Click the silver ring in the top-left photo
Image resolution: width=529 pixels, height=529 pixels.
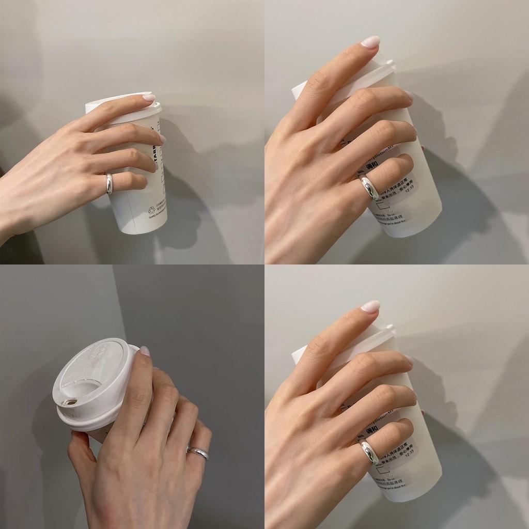[x=109, y=184]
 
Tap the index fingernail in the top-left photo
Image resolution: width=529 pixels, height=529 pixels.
[x=149, y=97]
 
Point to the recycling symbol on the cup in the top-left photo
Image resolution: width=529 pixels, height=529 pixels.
[x=151, y=210]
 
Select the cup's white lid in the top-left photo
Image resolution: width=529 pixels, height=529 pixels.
[x=124, y=104]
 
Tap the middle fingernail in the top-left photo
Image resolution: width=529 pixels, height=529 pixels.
[x=162, y=138]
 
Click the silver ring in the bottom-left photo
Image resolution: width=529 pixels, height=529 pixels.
[x=198, y=453]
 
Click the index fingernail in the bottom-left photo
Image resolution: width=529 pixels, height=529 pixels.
[x=145, y=351]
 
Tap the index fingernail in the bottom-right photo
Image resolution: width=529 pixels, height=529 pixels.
[x=370, y=306]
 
